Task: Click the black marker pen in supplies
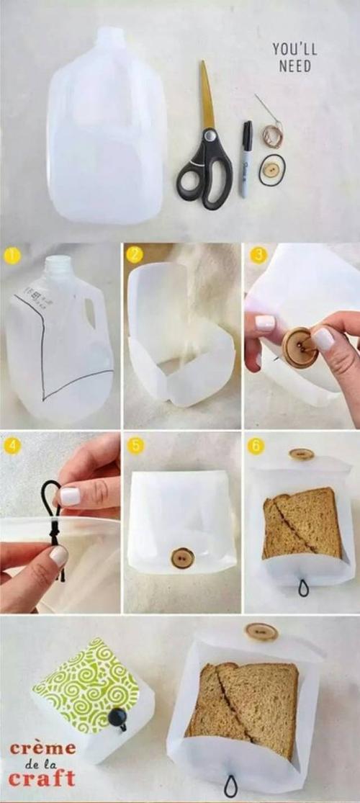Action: pyautogui.click(x=246, y=158)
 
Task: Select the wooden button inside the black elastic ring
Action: pyautogui.click(x=271, y=171)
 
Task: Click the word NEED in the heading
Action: pyautogui.click(x=295, y=66)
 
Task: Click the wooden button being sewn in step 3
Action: pyautogui.click(x=298, y=348)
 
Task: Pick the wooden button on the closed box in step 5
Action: pyautogui.click(x=182, y=557)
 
